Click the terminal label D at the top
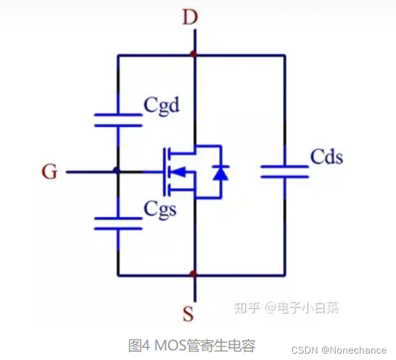(x=189, y=17)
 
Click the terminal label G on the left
(x=49, y=172)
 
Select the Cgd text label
(x=161, y=105)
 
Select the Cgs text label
(x=160, y=208)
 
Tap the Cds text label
(x=326, y=156)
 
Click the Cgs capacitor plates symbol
(x=118, y=223)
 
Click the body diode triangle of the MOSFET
(x=221, y=172)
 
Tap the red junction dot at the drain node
(x=194, y=56)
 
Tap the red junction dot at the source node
(x=194, y=274)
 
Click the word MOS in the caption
(x=166, y=346)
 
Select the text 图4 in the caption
(x=138, y=346)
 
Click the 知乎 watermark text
(x=247, y=308)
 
